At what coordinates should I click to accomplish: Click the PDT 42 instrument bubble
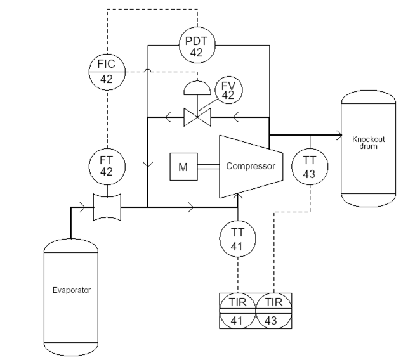point(195,46)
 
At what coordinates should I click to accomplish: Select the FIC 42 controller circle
point(107,72)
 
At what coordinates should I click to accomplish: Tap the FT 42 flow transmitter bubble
point(107,165)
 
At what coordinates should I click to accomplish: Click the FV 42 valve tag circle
point(229,89)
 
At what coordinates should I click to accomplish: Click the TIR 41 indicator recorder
point(237,311)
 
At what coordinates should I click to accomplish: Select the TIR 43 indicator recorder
point(273,311)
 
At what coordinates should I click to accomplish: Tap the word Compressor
point(251,167)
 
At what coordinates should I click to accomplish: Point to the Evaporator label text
point(72,290)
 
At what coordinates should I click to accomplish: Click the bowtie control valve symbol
point(197,117)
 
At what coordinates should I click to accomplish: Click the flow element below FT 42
point(107,206)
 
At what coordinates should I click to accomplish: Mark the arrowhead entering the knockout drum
point(338,135)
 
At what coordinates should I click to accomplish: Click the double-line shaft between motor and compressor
point(208,167)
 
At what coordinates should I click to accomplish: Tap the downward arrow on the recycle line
point(148,164)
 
